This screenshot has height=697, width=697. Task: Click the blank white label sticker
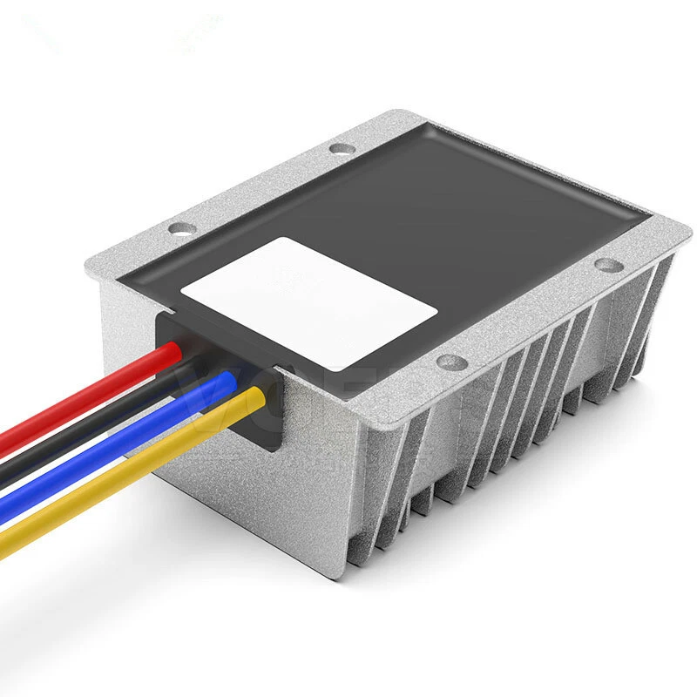click(309, 301)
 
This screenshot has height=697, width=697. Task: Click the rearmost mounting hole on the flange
click(342, 148)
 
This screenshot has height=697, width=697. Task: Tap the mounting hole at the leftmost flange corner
click(181, 230)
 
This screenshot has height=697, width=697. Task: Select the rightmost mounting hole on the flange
click(607, 265)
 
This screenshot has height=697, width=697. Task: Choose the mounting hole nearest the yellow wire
click(451, 361)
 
